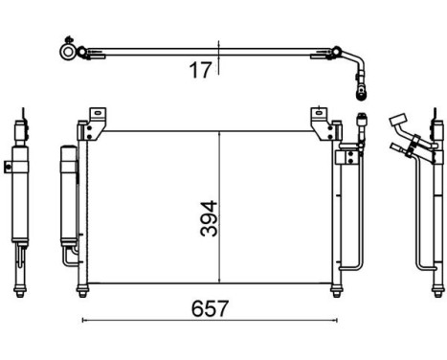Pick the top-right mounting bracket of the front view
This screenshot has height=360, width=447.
(x=321, y=122)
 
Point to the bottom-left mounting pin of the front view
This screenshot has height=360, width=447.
(x=86, y=290)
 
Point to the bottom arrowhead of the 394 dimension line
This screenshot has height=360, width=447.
(x=222, y=281)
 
